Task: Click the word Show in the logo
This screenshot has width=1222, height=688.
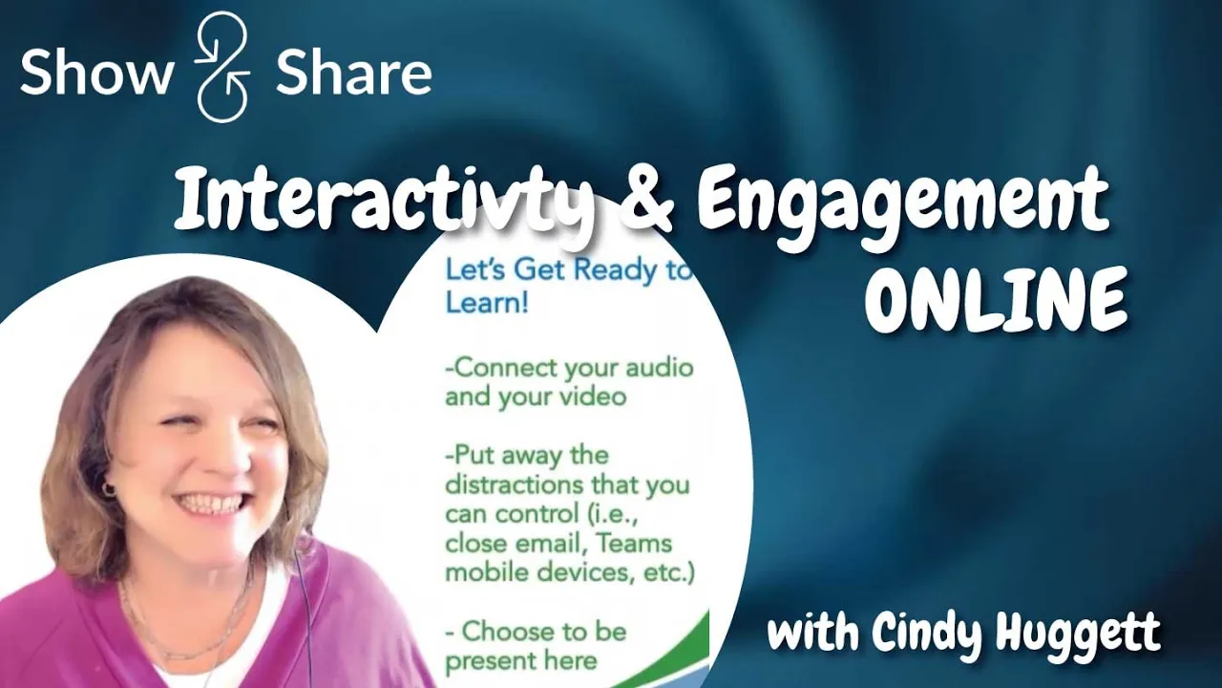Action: (x=95, y=73)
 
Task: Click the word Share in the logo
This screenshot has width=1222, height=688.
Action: (x=353, y=73)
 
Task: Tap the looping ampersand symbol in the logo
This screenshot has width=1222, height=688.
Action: (x=222, y=69)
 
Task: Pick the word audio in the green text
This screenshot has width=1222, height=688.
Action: (x=658, y=368)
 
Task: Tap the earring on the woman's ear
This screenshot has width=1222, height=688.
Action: (x=109, y=490)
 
